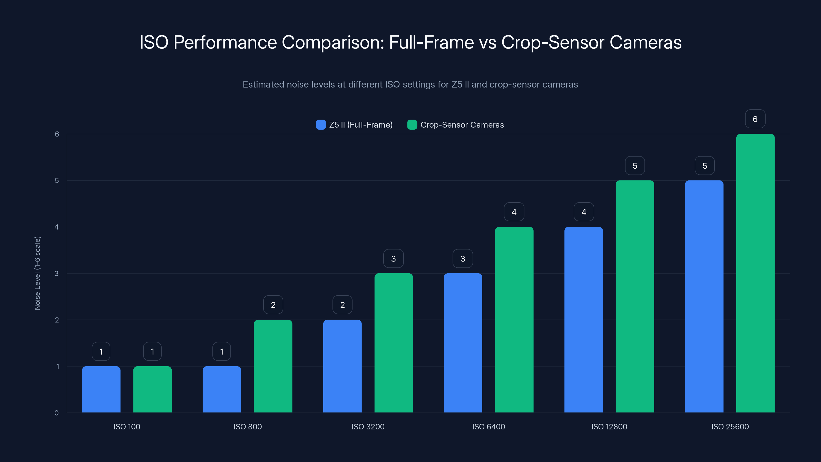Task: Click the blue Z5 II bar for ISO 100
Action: pos(101,389)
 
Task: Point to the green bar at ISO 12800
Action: pos(634,296)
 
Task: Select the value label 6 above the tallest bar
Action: pos(755,119)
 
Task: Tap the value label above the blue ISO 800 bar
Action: pos(221,351)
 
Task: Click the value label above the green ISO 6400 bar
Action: pos(514,212)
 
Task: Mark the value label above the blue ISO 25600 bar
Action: pos(704,166)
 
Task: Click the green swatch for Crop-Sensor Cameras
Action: pos(412,125)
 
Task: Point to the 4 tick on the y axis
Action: pos(57,227)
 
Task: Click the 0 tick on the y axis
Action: pos(57,413)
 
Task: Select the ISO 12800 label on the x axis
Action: pos(609,427)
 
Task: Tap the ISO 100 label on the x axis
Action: pos(127,427)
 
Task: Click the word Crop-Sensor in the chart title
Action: pos(552,42)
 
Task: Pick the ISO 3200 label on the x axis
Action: pos(368,427)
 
